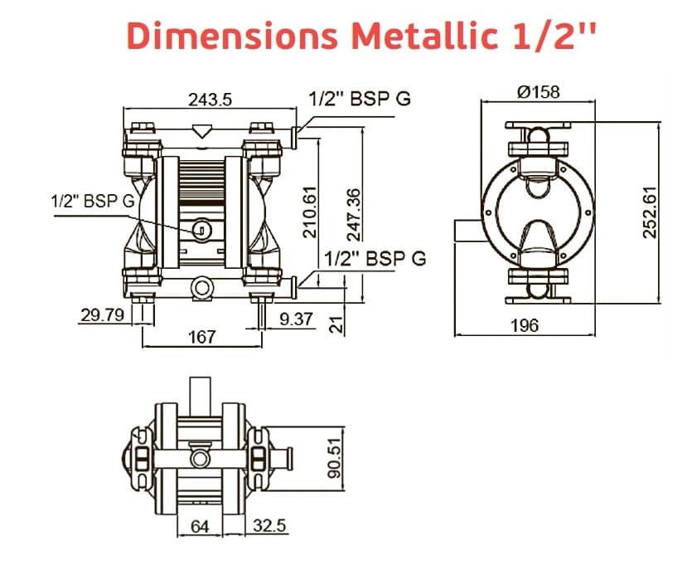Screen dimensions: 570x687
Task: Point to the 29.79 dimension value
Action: pyautogui.click(x=102, y=315)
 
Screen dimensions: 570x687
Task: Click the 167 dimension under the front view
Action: pyautogui.click(x=202, y=337)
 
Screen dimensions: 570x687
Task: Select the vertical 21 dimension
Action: pyautogui.click(x=336, y=323)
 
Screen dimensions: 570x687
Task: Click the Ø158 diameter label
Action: pyautogui.click(x=538, y=91)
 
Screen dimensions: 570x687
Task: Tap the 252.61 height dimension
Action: pyautogui.click(x=651, y=212)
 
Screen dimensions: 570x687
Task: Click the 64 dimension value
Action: pyautogui.click(x=201, y=526)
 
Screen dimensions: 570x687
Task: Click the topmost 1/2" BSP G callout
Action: pyautogui.click(x=360, y=99)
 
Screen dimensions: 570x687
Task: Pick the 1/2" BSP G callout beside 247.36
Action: pyautogui.click(x=376, y=258)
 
